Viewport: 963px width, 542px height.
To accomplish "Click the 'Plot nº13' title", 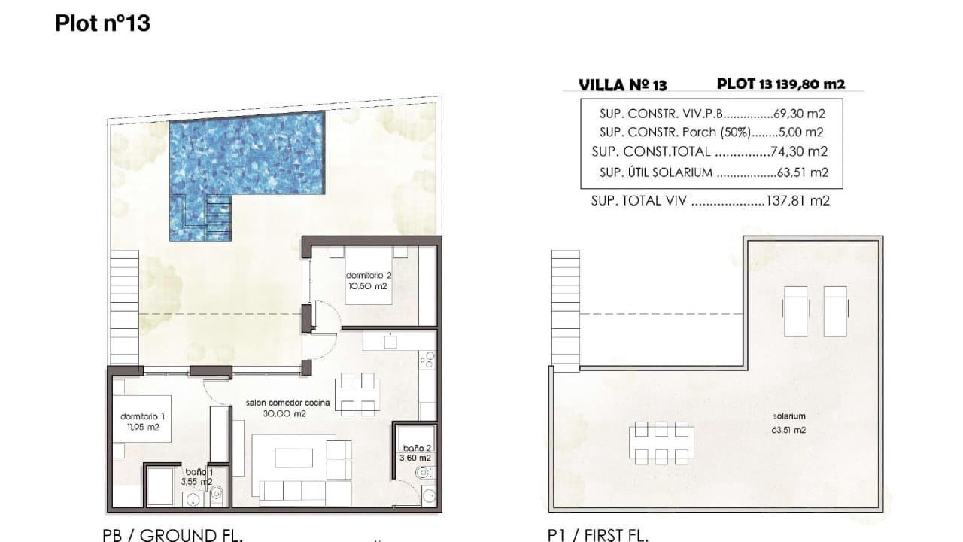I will (x=102, y=23).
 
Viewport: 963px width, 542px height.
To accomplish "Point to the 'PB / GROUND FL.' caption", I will (x=172, y=534).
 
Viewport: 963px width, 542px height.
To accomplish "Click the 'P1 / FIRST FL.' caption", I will (x=598, y=534).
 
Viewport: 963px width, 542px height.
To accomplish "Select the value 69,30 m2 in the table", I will (x=800, y=114).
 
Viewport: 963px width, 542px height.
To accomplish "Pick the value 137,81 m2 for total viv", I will (x=800, y=201).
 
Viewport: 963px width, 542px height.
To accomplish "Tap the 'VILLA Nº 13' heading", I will (x=623, y=85).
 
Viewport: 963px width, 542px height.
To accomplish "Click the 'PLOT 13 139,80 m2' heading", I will (x=781, y=84).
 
